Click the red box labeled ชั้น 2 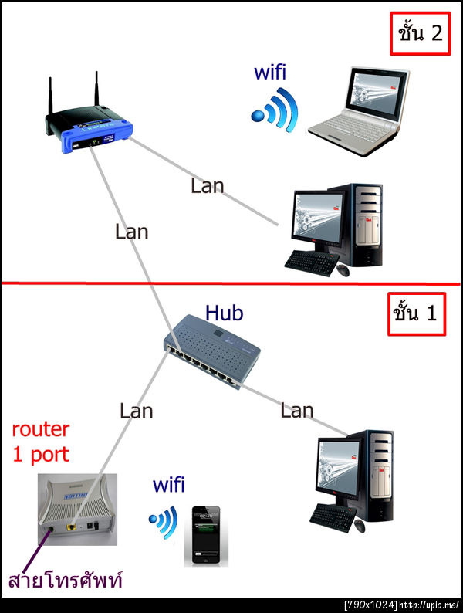[420, 35]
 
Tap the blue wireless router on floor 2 [88, 127]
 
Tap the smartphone [203, 535]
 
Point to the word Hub [224, 313]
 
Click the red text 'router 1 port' [41, 441]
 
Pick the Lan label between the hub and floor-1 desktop [296, 411]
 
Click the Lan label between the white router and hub [136, 410]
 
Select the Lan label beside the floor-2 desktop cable [207, 185]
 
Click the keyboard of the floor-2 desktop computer [311, 260]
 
